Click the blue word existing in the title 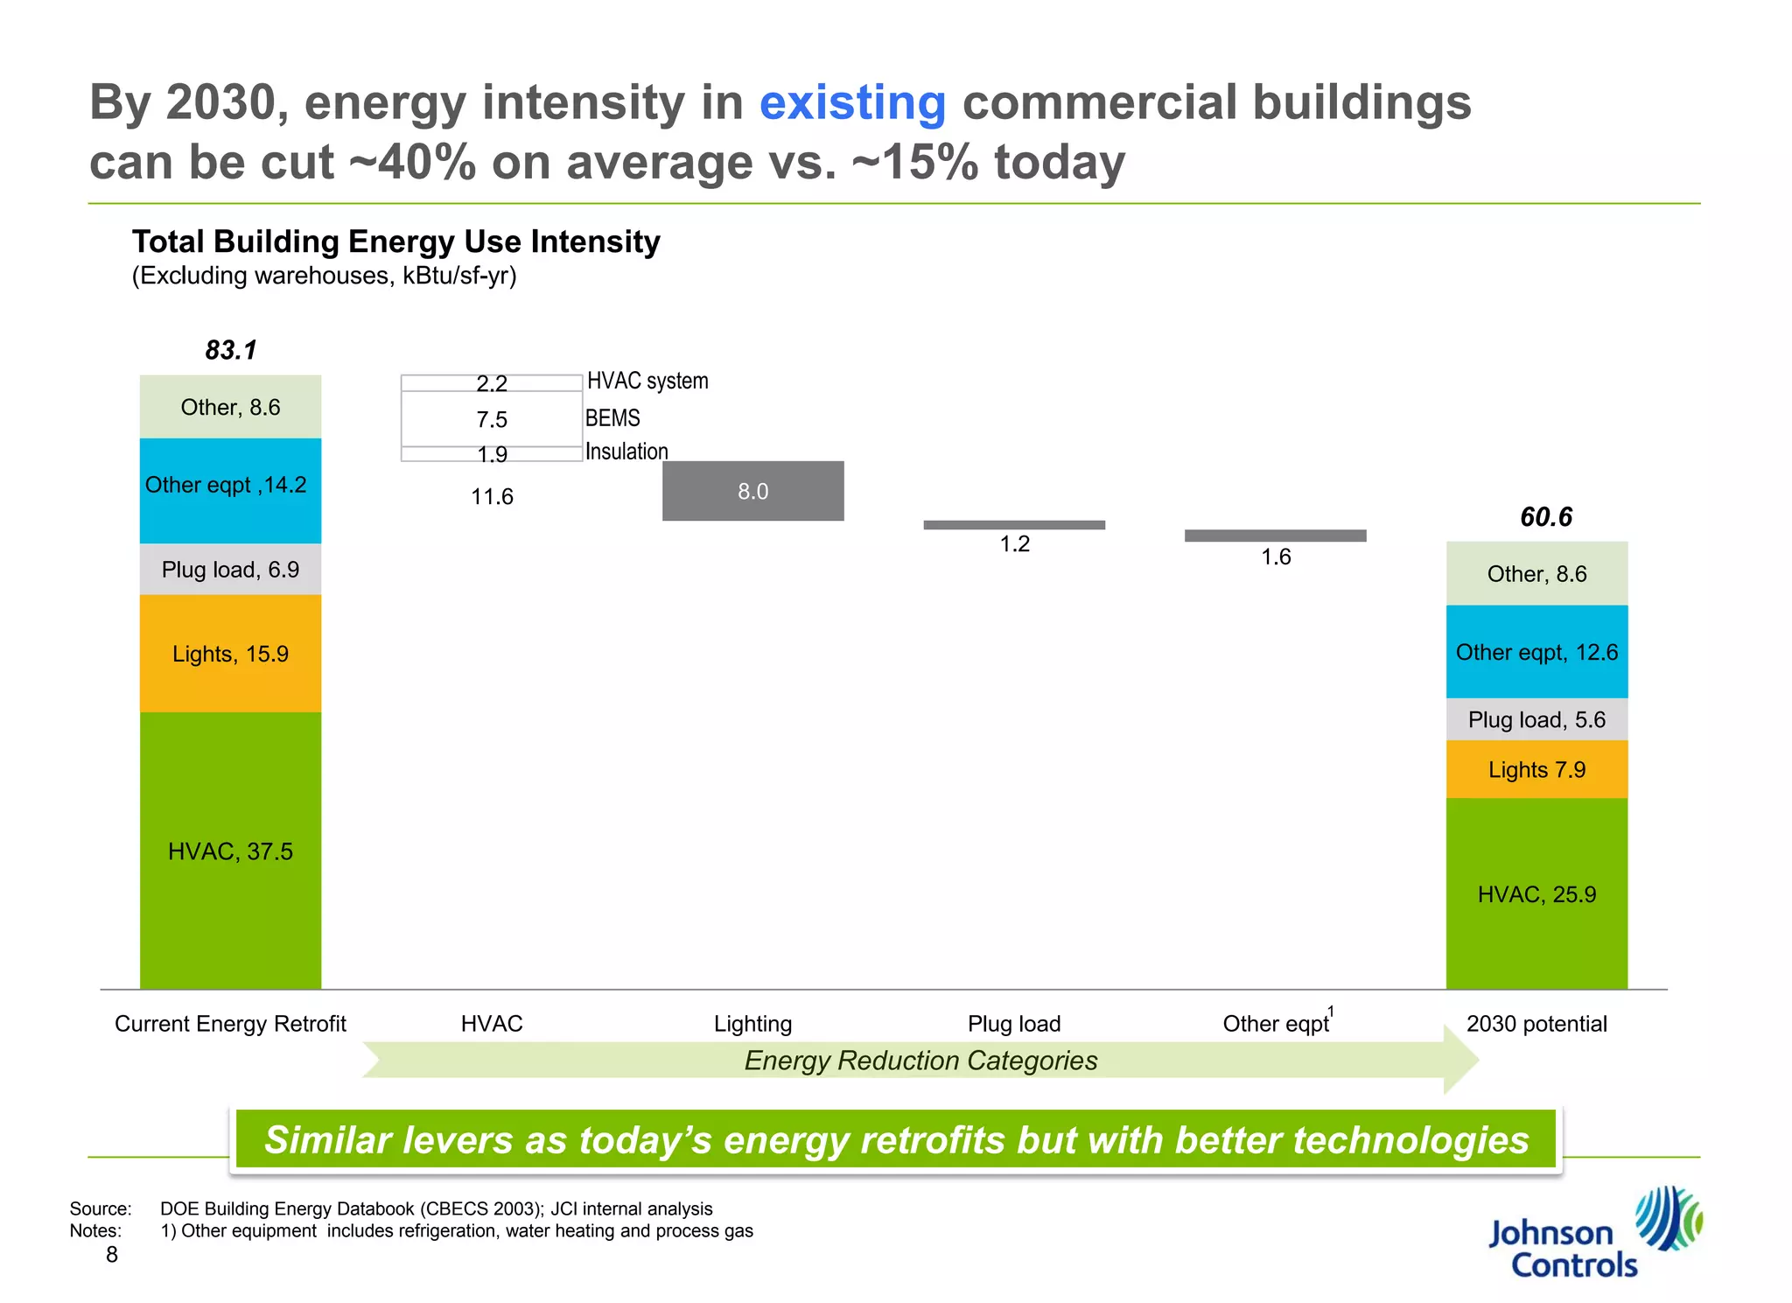[852, 103]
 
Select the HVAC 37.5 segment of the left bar [230, 851]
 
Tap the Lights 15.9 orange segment [230, 654]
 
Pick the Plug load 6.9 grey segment [230, 570]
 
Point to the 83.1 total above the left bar [231, 350]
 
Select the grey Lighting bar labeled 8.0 [752, 491]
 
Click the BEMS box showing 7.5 [492, 419]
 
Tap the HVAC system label [647, 381]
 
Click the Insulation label [626, 452]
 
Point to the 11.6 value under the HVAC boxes [492, 497]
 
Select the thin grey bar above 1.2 [1014, 525]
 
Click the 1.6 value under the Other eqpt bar [1276, 557]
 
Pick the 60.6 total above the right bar [1546, 517]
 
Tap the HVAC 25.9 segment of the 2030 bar [1536, 893]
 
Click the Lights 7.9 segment [1536, 769]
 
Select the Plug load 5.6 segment [1536, 719]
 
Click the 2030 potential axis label [1536, 1024]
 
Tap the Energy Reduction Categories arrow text [920, 1061]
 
